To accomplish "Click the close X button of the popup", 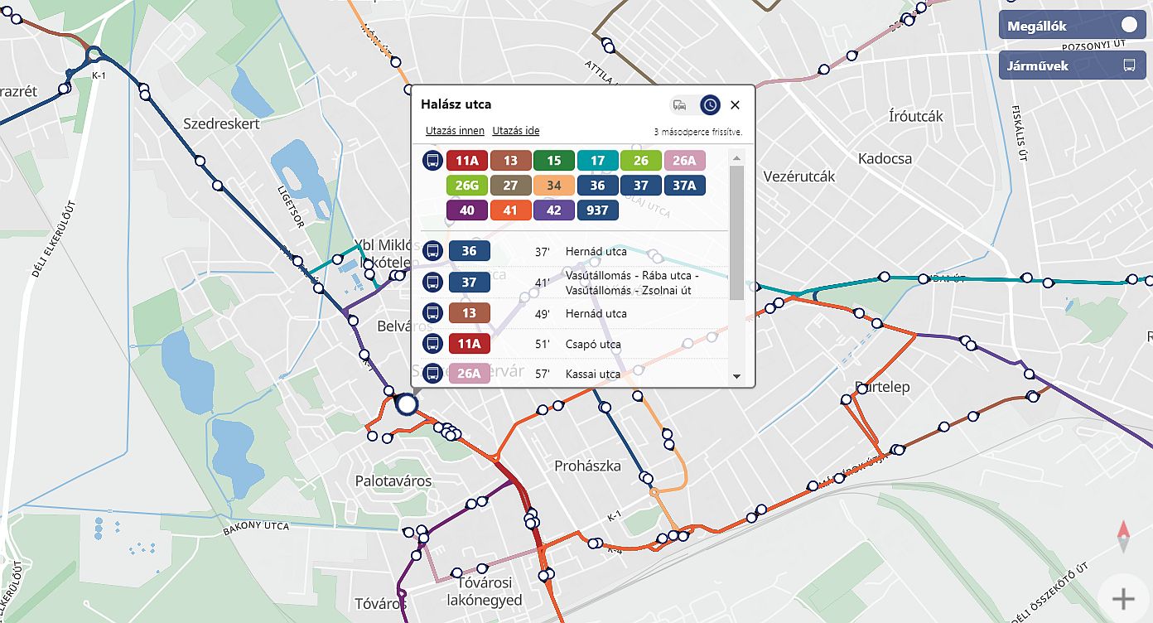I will (735, 105).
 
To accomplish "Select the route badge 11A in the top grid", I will (467, 161).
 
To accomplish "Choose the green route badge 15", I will (553, 161).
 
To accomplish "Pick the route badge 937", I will (597, 210).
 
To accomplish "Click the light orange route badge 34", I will (553, 186).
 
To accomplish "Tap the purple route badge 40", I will (467, 210).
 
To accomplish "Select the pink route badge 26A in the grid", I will (683, 161).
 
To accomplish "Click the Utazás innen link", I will (455, 131).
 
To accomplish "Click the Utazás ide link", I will (516, 131).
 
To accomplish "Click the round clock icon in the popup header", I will (710, 105).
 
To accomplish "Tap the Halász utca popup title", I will (456, 104).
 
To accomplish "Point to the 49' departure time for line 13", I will (543, 314).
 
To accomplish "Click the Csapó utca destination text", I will (593, 344).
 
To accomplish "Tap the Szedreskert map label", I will (221, 123).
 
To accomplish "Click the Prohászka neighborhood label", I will (587, 466).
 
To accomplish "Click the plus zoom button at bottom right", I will (1123, 598).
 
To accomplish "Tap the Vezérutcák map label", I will (798, 176).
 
